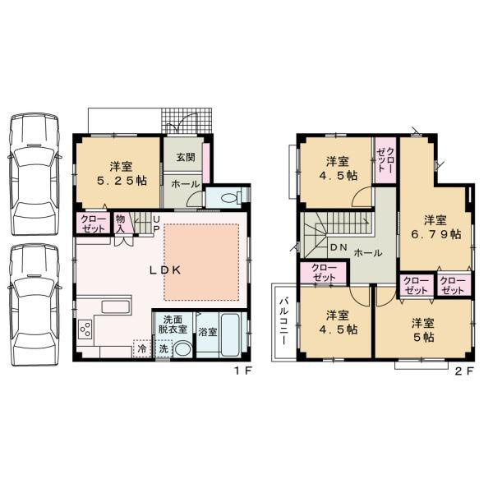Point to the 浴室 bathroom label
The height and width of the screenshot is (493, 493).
click(x=207, y=333)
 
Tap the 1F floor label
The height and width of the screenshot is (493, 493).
click(x=244, y=371)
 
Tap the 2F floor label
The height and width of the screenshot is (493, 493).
click(x=463, y=371)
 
